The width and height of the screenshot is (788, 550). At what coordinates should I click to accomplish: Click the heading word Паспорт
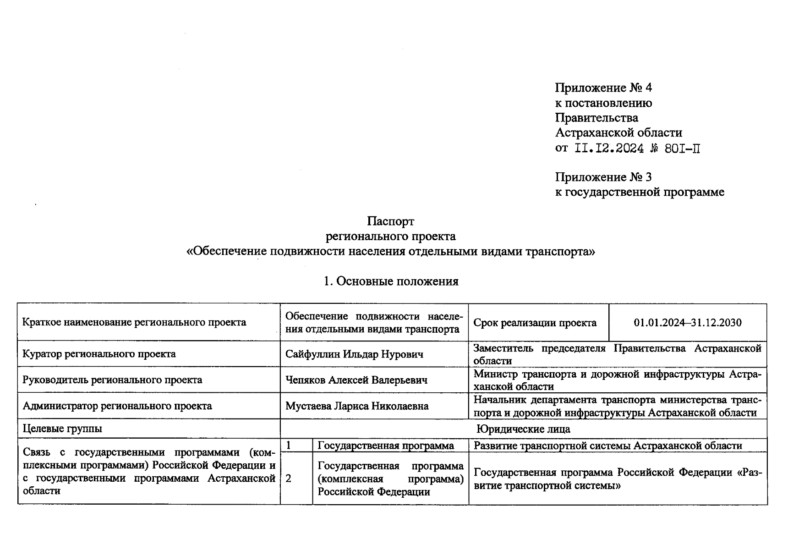(390, 221)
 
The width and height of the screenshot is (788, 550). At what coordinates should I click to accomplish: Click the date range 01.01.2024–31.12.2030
(687, 323)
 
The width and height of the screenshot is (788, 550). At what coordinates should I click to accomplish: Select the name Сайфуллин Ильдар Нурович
(354, 354)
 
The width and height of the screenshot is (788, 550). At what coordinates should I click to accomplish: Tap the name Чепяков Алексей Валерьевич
(356, 380)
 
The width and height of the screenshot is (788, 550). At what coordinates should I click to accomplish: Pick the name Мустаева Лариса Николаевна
(356, 406)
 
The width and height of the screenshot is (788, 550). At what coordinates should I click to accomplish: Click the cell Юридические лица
(523, 429)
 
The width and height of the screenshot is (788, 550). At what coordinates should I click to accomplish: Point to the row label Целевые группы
(62, 429)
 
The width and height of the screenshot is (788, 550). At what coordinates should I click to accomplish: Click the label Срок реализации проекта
(535, 323)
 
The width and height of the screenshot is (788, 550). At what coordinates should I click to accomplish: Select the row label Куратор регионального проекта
(99, 354)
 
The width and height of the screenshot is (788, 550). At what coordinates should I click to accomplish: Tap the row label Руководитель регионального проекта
(112, 380)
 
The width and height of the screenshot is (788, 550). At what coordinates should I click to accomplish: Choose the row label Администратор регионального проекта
(117, 406)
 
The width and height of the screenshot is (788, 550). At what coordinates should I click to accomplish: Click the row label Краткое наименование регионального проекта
(134, 322)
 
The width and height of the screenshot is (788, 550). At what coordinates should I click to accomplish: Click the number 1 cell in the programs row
(289, 445)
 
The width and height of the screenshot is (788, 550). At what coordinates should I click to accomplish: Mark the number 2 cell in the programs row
(289, 478)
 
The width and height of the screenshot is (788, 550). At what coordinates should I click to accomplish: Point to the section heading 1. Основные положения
(391, 281)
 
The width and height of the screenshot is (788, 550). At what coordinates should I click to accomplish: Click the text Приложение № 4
(603, 88)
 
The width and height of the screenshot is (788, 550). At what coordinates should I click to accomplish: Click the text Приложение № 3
(603, 177)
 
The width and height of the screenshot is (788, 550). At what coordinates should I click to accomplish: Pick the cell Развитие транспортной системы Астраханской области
(607, 445)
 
